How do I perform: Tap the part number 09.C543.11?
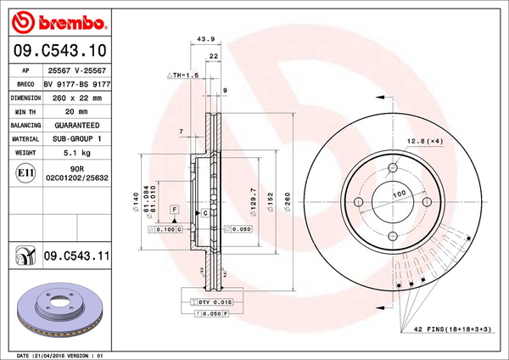tap(77, 255)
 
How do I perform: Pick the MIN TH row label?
tap(25, 111)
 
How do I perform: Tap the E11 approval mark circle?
tap(25, 174)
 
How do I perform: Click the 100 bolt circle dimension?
tap(397, 194)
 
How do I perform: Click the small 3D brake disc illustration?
tap(59, 310)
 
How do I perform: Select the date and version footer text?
tap(59, 354)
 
